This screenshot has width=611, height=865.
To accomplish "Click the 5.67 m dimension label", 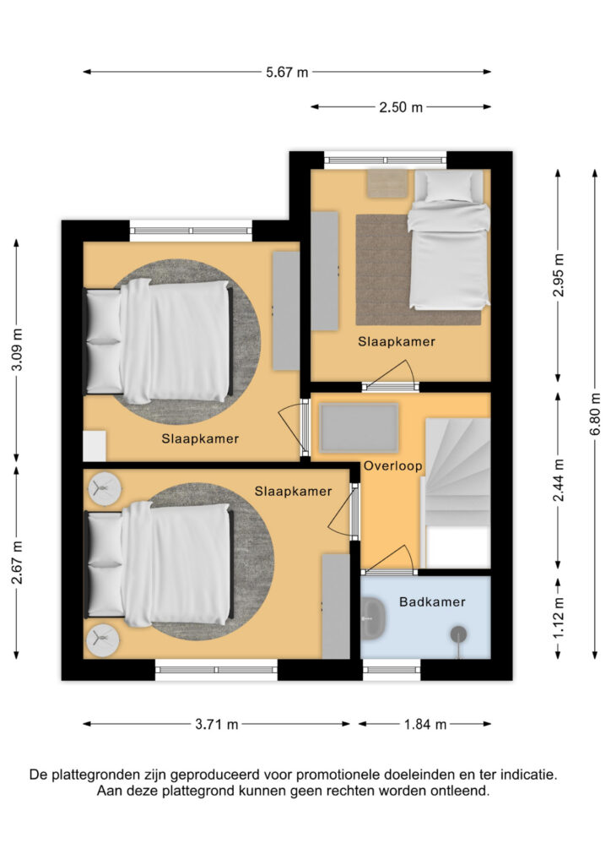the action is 286,73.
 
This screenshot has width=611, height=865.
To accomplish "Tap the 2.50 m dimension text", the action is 401,107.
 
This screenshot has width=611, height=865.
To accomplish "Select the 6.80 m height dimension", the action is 595,414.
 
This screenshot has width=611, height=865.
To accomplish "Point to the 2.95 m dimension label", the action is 559,275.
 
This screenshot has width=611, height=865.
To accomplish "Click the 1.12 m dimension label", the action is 559,618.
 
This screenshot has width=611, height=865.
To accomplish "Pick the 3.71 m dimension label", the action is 217,724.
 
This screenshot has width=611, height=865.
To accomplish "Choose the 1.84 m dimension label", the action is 424,724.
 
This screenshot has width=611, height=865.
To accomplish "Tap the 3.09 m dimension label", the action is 17,350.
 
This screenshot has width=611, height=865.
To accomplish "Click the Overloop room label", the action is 392,465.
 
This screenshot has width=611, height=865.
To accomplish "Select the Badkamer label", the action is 432,601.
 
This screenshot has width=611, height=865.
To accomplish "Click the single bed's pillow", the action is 449,187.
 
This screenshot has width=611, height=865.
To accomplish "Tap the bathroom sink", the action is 374,618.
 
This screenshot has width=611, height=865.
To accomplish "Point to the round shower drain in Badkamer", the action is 458,634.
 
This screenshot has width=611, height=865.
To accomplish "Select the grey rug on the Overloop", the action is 359,427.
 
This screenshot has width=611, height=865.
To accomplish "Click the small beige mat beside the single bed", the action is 388,183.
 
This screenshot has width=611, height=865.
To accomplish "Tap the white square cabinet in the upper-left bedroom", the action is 95,446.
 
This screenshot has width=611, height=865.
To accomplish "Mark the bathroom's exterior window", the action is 392,670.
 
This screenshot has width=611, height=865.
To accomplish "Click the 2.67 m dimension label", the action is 17,563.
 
